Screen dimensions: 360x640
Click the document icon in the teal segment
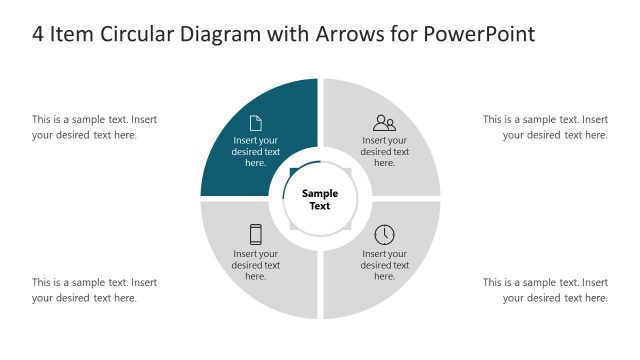[x=256, y=123]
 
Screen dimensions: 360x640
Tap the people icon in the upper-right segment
[x=384, y=123]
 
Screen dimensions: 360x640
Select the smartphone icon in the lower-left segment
[x=256, y=235]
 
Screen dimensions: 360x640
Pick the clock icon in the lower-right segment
[x=384, y=235]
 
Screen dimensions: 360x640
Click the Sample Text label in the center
[x=320, y=199]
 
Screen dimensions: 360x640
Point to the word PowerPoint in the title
[x=480, y=34]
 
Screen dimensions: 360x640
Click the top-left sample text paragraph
[x=94, y=127]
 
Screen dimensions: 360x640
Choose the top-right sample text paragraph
[x=545, y=127]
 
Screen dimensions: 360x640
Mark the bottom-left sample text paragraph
[x=94, y=290]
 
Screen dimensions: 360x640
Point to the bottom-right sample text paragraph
[x=545, y=290]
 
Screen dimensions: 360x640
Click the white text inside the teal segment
[x=256, y=152]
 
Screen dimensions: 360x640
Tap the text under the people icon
[x=384, y=152]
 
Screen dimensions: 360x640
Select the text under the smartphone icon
[x=256, y=265]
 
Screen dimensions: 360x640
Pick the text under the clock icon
[x=384, y=265]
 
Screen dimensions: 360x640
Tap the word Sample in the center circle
[x=320, y=193]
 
